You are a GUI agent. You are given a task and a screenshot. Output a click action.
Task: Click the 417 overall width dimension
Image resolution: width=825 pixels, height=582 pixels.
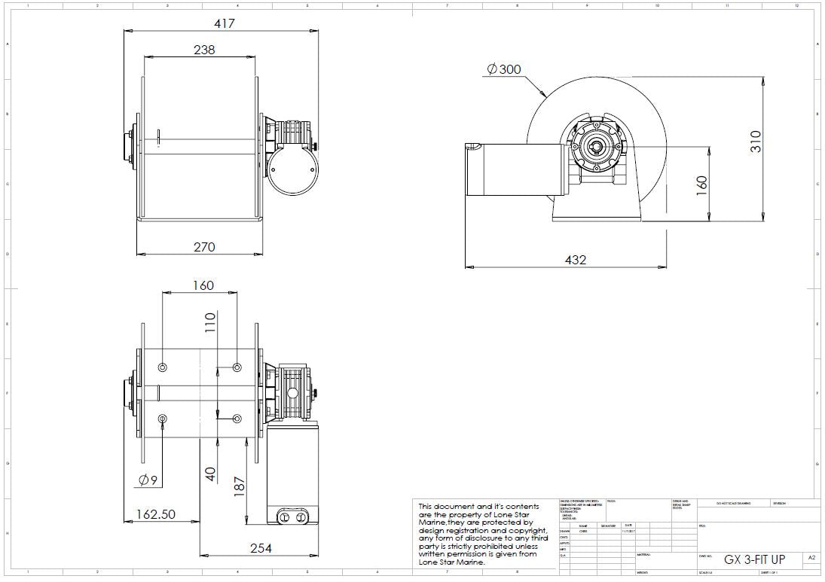pyautogui.click(x=225, y=23)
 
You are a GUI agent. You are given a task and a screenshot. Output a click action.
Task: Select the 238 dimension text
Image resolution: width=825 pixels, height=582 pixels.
pyautogui.click(x=203, y=50)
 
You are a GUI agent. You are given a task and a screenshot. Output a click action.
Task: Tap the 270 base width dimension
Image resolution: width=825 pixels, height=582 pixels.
pyautogui.click(x=204, y=247)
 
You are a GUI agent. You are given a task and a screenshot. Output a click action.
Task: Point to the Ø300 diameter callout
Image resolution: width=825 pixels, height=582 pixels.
pyautogui.click(x=504, y=69)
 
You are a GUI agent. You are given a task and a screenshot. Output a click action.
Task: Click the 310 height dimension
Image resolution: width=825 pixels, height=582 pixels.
pyautogui.click(x=756, y=141)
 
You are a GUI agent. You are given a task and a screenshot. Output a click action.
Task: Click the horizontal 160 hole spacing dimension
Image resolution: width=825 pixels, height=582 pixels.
pyautogui.click(x=203, y=285)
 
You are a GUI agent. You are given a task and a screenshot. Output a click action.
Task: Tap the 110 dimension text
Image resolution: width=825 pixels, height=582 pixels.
pyautogui.click(x=210, y=322)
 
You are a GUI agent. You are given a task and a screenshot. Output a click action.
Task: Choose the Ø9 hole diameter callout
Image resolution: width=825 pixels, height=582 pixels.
pyautogui.click(x=148, y=480)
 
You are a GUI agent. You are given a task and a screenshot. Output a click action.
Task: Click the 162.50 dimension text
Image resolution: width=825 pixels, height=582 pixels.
pyautogui.click(x=156, y=514)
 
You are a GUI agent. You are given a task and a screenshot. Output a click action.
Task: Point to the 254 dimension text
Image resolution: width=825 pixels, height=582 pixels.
pyautogui.click(x=260, y=548)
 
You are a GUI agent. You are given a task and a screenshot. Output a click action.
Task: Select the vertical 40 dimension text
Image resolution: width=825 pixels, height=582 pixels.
pyautogui.click(x=211, y=474)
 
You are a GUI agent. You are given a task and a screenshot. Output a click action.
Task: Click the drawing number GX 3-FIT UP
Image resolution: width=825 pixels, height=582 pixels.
pyautogui.click(x=753, y=559)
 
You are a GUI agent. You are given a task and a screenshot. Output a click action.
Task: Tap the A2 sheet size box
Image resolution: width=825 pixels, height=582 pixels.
pyautogui.click(x=811, y=559)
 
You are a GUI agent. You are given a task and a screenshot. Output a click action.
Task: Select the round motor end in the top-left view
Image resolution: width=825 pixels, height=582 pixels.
pyautogui.click(x=289, y=169)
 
